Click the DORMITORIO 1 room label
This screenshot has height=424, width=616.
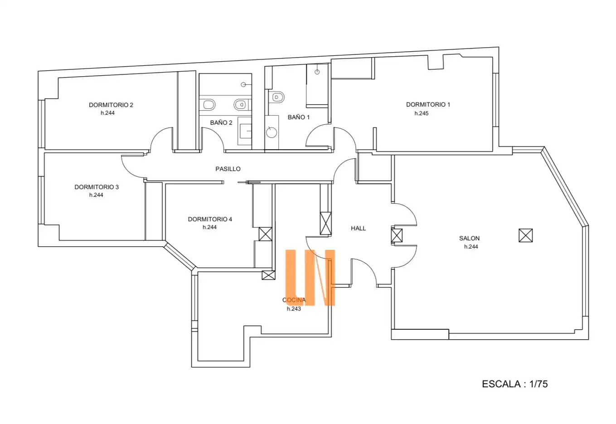tap(428, 105)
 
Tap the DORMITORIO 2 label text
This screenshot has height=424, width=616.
tap(111, 105)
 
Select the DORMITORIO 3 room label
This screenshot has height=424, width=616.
tap(97, 187)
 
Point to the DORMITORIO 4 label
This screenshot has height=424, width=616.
tap(210, 219)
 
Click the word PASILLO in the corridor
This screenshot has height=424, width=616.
tap(228, 169)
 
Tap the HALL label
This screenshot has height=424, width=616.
tap(359, 229)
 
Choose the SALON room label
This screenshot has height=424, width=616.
tap(469, 238)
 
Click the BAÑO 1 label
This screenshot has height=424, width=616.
tap(299, 117)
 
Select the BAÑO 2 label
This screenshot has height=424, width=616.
tap(221, 123)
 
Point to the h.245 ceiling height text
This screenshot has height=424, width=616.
tap(421, 113)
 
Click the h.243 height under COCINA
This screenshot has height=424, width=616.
tap(294, 309)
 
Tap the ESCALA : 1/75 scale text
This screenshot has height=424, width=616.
tap(515, 384)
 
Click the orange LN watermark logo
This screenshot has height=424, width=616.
tap(310, 278)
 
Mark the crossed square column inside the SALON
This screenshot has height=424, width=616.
tap(525, 235)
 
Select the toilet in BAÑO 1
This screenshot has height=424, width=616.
tap(276, 97)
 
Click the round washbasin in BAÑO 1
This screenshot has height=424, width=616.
tap(272, 132)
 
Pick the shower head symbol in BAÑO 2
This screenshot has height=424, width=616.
tap(243, 85)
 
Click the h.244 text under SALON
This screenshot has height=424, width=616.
tap(471, 247)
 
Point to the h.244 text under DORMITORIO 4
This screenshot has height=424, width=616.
tap(209, 227)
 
